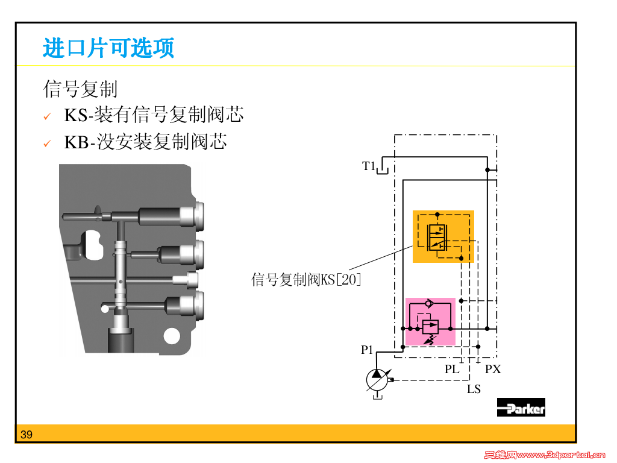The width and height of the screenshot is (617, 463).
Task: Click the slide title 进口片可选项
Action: [x=108, y=48]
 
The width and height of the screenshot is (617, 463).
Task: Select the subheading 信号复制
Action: [x=80, y=89]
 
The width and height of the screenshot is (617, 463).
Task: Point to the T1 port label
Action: [x=369, y=166]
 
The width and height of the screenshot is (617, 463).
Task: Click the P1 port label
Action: [x=368, y=350]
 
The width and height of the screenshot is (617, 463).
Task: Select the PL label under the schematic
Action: [x=452, y=369]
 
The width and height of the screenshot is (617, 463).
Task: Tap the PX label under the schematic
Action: [x=493, y=369]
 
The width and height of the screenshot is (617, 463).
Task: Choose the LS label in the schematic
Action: [x=474, y=389]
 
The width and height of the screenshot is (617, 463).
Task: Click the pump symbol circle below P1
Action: [x=378, y=379]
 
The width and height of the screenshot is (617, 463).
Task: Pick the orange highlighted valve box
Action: [x=443, y=236]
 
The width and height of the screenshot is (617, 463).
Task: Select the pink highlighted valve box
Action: [x=430, y=322]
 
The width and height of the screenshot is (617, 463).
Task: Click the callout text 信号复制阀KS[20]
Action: [x=306, y=280]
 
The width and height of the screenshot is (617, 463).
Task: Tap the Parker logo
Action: [x=521, y=408]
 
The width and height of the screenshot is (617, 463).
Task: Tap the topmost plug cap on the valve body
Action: [x=194, y=215]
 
